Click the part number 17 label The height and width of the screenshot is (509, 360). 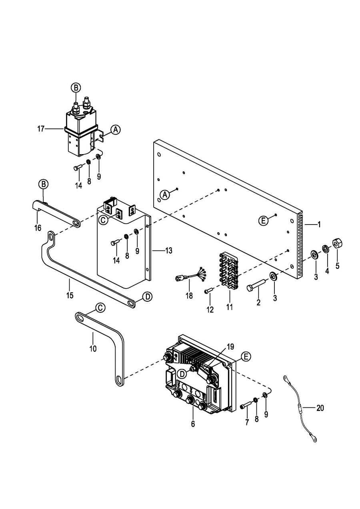tap(41, 129)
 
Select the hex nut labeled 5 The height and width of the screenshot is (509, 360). tap(337, 244)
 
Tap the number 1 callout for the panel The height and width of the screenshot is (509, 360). tap(319, 224)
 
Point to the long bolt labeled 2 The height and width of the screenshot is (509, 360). tap(256, 285)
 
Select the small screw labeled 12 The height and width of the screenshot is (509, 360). tap(210, 291)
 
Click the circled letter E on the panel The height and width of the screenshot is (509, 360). tap(264, 220)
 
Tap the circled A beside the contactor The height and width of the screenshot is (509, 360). tap(116, 130)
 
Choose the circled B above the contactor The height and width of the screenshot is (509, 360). tap(76, 87)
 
